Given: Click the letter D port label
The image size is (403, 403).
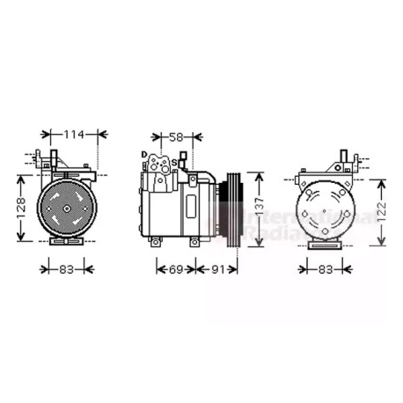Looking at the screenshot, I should [x=143, y=155].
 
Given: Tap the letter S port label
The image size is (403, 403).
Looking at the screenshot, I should [x=173, y=163].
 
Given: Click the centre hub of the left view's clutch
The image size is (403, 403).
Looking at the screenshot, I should [x=66, y=208].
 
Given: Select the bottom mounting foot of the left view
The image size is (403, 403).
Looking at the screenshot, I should [x=66, y=241].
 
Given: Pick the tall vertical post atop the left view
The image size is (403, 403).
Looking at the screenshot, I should [x=55, y=159].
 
